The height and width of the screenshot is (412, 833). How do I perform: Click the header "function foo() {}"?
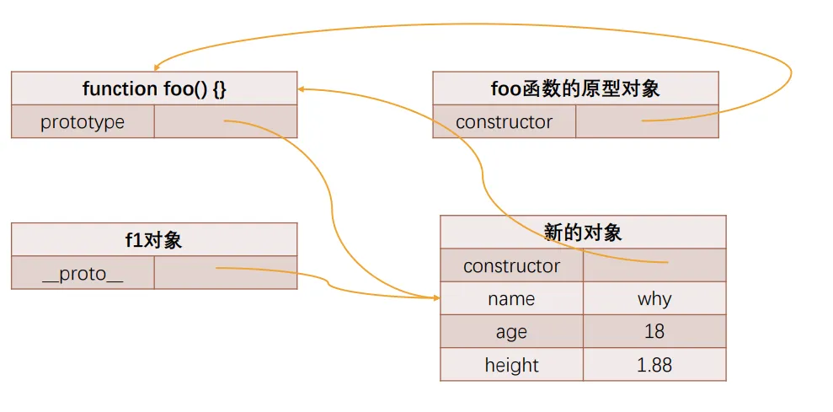point(154,88)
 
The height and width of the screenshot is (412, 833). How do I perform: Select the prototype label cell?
point(83,122)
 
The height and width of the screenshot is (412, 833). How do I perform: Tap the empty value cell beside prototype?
point(226,122)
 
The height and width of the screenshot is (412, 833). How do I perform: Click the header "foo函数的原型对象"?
point(575,88)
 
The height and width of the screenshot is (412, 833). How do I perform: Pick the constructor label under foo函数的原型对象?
point(504,122)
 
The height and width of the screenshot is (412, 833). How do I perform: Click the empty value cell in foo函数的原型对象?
point(647,122)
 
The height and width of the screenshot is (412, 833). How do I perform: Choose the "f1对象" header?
point(154,240)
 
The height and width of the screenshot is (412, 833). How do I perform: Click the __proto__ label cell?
point(83,273)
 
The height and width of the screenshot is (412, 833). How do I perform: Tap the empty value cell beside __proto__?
point(226,273)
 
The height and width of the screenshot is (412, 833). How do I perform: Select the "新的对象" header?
point(583,233)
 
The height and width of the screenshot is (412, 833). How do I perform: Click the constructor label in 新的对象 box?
point(511,266)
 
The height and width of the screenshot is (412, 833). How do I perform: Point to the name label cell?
point(511,299)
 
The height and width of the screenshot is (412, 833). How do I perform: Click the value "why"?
point(654,299)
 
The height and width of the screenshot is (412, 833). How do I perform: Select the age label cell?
point(511,332)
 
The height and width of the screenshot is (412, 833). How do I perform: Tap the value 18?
point(654,332)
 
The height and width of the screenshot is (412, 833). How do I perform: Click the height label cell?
point(511,365)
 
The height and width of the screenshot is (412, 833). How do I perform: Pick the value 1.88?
point(654,365)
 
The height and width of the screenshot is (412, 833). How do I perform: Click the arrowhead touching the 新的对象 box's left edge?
point(435,297)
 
